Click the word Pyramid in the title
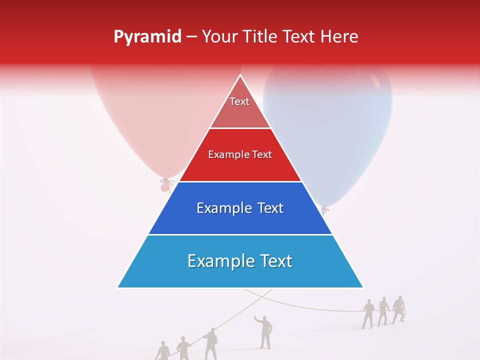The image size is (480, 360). [147, 37]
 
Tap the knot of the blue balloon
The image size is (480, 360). [325, 210]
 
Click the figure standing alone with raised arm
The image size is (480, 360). [265, 331]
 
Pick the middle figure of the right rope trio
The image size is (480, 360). [383, 311]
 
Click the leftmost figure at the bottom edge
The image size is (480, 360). [162, 351]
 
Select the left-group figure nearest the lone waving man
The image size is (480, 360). [211, 344]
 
